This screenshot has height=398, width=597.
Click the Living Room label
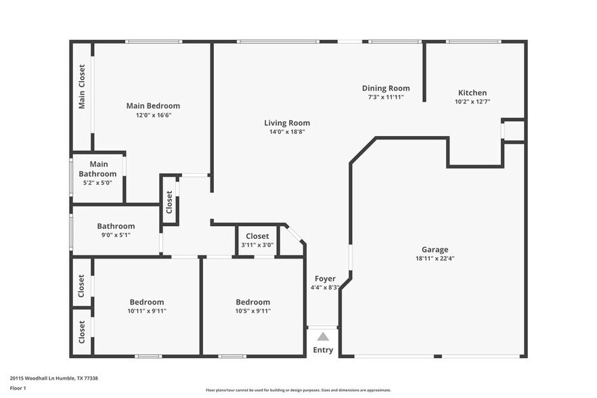coord(287,123)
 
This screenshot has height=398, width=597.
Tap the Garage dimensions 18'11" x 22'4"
coord(435,258)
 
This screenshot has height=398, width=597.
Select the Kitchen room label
coord(472,93)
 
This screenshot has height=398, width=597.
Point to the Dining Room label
coord(386,88)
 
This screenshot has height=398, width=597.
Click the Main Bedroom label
coord(153,106)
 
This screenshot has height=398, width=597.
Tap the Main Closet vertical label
coord(82,87)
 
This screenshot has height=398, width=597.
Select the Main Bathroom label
coord(99,169)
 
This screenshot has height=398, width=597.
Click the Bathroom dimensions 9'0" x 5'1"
coord(116,235)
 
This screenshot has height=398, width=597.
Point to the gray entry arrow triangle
coord(324,336)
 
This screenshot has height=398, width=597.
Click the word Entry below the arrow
coord(323,350)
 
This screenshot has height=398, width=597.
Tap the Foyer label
coord(325,278)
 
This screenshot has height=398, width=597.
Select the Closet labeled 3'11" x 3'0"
coord(257,236)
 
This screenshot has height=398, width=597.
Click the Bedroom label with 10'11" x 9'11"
coord(147,302)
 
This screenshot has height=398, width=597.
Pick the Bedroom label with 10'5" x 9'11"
coord(252,302)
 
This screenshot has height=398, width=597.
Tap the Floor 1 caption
coord(18,389)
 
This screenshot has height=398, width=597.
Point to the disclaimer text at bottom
coord(298,390)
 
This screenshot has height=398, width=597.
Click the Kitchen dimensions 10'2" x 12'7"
coord(472,102)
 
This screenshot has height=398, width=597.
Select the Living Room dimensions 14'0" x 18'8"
coord(287,131)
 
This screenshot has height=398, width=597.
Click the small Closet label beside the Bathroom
coord(169,200)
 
